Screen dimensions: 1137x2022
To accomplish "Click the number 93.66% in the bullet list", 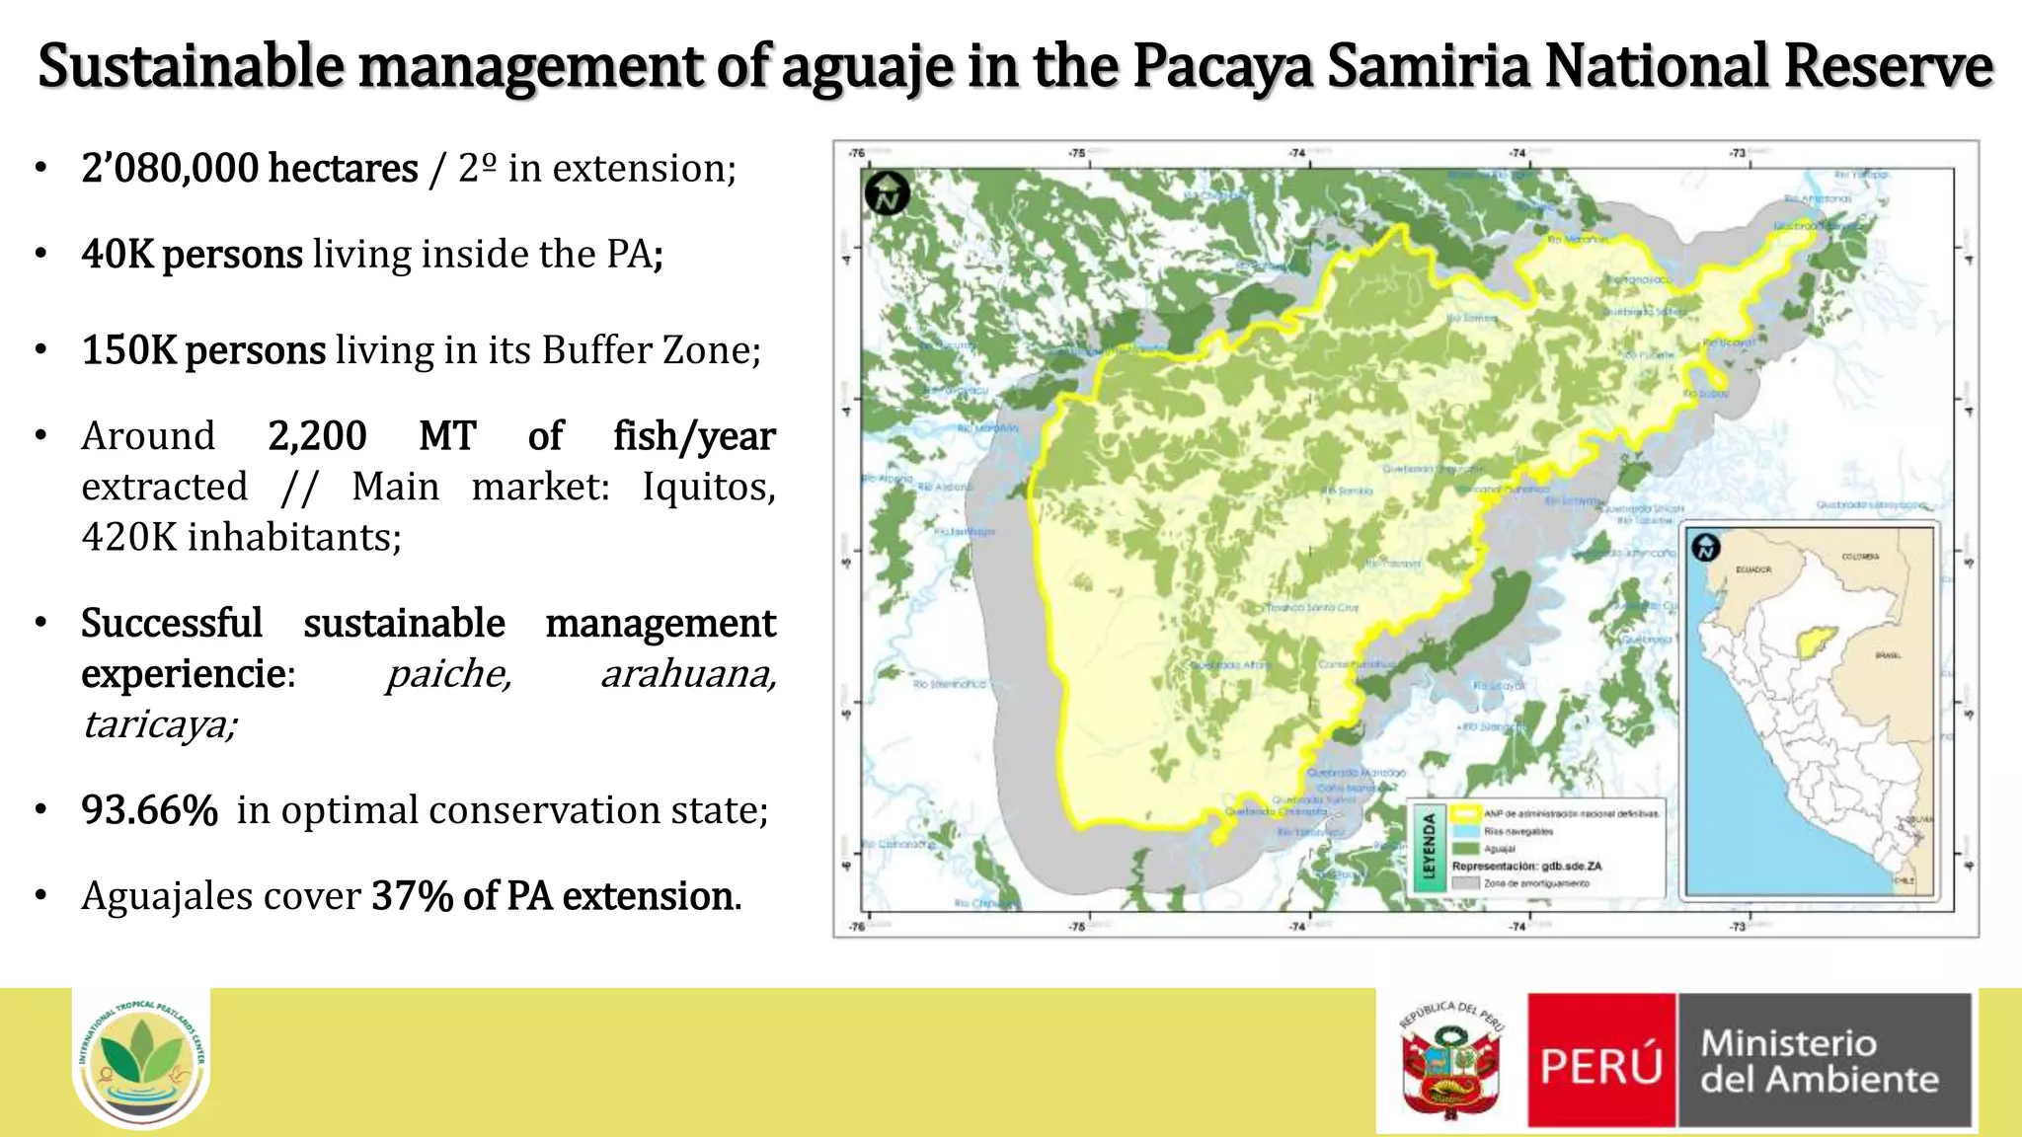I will click(x=149, y=810).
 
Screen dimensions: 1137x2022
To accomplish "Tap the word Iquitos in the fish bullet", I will click(x=708, y=487).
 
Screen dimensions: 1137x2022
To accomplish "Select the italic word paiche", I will click(x=448, y=674).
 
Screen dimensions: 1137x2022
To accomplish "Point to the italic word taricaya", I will click(x=158, y=724).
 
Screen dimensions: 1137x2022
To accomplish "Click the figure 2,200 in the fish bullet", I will click(x=317, y=436).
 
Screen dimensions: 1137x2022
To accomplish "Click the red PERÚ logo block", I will click(x=1600, y=1061).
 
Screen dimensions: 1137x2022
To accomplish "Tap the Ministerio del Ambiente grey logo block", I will click(x=1824, y=1061).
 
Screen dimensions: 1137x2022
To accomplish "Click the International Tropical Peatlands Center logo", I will click(x=141, y=1058).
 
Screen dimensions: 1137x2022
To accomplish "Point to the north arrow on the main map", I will click(x=887, y=192).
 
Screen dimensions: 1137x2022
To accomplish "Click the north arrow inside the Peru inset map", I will click(x=1705, y=547).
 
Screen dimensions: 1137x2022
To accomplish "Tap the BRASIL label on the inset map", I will click(x=1887, y=655).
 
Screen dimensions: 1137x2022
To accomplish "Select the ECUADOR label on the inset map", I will click(x=1753, y=569).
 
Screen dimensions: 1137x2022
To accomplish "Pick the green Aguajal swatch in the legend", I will click(x=1466, y=848).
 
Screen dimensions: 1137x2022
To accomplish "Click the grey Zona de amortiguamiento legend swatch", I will click(x=1466, y=883).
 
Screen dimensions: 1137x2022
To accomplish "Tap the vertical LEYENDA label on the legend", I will click(x=1428, y=846).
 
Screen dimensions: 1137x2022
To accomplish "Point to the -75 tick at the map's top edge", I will click(x=1076, y=154).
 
